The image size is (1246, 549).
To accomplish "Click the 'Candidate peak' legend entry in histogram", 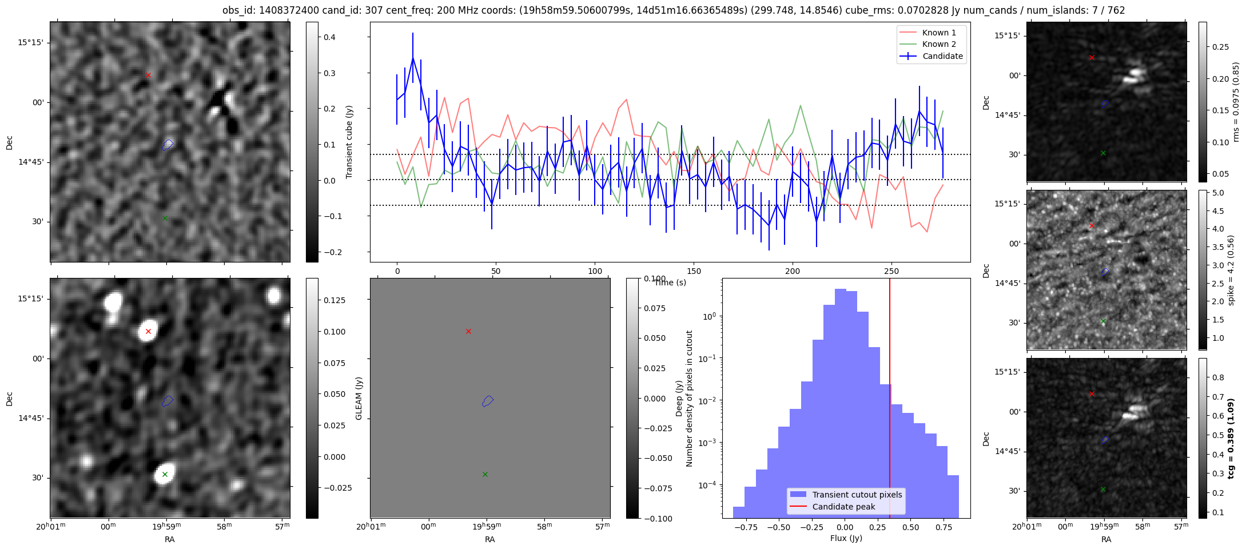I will [843, 507].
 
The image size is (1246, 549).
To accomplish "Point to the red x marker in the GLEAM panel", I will [468, 331].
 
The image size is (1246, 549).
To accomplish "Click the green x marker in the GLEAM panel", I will [485, 474].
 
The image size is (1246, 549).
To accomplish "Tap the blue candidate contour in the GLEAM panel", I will [487, 401].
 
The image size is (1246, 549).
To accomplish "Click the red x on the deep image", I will [148, 331].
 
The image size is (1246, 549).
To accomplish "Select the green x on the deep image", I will [165, 474].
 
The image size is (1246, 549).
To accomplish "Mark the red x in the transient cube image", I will [148, 75].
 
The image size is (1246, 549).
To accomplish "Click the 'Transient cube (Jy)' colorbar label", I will [349, 142].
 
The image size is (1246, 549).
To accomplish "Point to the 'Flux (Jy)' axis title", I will [846, 538].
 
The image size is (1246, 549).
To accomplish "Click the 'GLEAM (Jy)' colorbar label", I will [359, 398].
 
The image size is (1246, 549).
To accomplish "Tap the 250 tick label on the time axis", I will [891, 271].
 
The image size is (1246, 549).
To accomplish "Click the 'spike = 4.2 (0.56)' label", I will [1231, 270].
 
